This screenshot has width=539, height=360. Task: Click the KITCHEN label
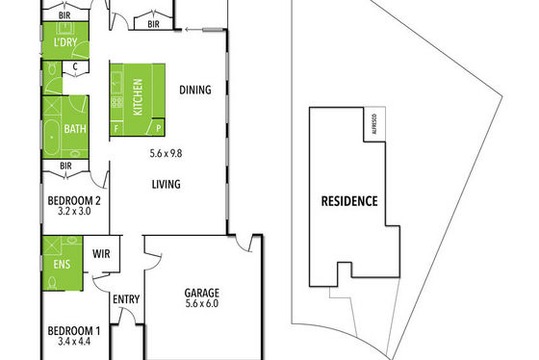click(138, 97)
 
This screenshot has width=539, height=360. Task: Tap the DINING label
click(195, 90)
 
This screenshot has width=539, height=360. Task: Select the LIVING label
click(166, 184)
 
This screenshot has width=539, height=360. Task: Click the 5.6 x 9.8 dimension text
click(166, 153)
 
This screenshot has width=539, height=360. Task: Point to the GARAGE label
click(202, 293)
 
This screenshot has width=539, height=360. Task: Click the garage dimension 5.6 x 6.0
click(202, 303)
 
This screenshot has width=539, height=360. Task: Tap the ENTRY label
click(126, 299)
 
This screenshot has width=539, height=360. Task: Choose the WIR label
click(101, 254)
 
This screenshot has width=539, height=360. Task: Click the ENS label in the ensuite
click(62, 265)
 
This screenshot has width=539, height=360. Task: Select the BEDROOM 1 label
click(74, 331)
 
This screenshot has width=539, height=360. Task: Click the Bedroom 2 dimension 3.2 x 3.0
click(74, 211)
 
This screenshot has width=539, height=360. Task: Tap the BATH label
click(75, 129)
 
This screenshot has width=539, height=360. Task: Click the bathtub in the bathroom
click(52, 138)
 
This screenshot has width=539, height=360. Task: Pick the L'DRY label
click(65, 42)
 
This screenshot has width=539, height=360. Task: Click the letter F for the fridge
click(116, 129)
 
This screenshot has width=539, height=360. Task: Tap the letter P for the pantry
click(159, 129)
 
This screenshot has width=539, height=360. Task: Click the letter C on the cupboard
click(75, 66)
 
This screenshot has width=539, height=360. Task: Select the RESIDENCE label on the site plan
click(349, 201)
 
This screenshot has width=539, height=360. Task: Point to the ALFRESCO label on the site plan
click(374, 124)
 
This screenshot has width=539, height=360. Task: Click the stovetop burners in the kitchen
click(116, 102)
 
